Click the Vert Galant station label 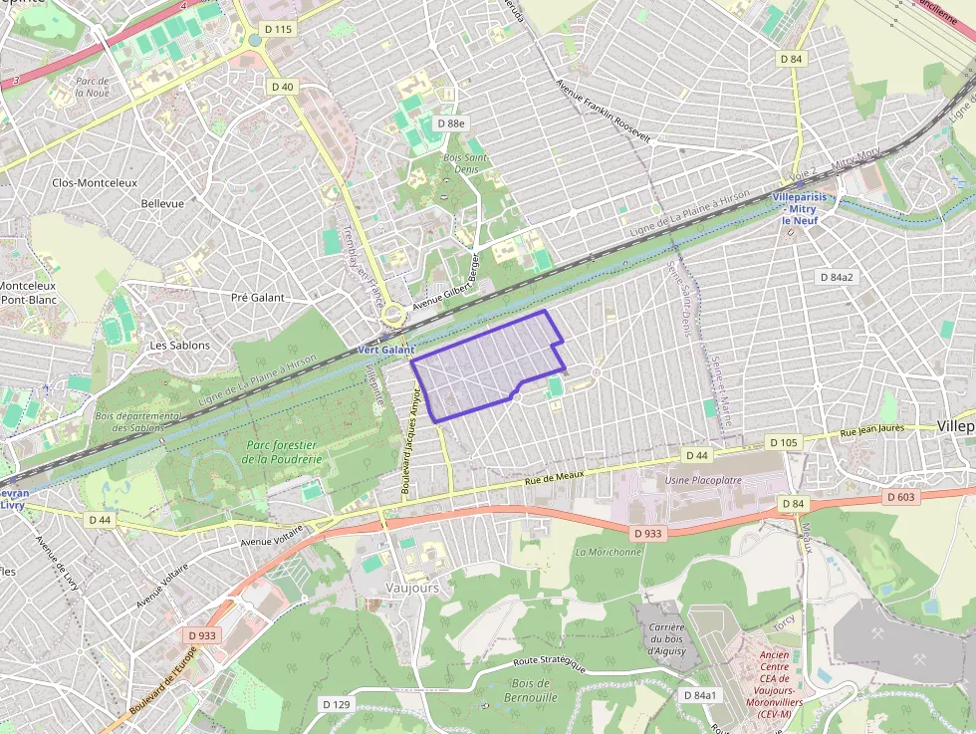pyautogui.click(x=385, y=351)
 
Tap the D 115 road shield pyautogui.click(x=278, y=30)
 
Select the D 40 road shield pyautogui.click(x=283, y=87)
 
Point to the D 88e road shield pyautogui.click(x=451, y=122)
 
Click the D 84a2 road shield pyautogui.click(x=835, y=276)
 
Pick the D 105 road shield pyautogui.click(x=784, y=441)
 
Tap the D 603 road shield pyautogui.click(x=899, y=497)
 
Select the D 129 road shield pyautogui.click(x=338, y=703)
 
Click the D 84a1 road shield pyautogui.click(x=699, y=694)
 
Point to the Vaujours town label pyautogui.click(x=412, y=588)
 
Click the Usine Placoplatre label pyautogui.click(x=704, y=481)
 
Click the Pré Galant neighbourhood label pyautogui.click(x=257, y=297)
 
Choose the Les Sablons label pyautogui.click(x=179, y=346)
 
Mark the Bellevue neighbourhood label pyautogui.click(x=162, y=203)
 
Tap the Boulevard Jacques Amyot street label pyautogui.click(x=410, y=443)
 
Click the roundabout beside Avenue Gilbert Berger pyautogui.click(x=393, y=315)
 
